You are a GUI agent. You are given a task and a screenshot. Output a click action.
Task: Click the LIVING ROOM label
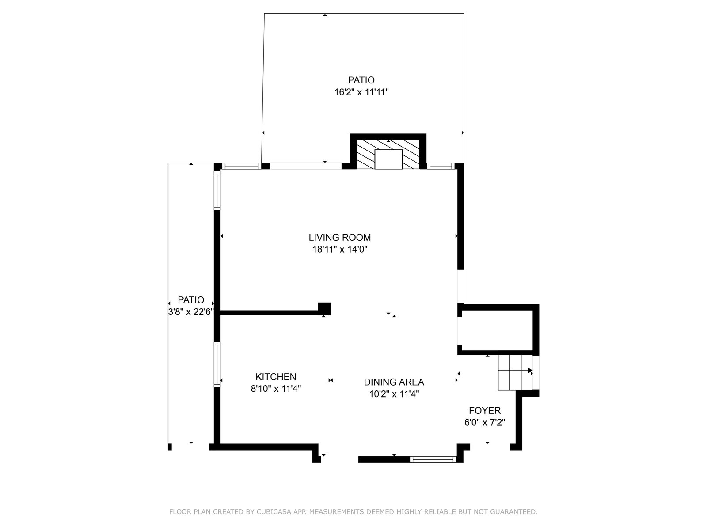(x=339, y=238)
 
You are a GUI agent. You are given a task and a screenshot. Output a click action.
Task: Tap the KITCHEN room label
(x=276, y=376)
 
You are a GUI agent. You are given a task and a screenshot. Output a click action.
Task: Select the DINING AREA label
(x=394, y=382)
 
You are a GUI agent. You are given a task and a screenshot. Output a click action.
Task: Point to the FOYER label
(x=485, y=410)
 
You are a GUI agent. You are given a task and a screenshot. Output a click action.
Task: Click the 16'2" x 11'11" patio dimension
(x=361, y=92)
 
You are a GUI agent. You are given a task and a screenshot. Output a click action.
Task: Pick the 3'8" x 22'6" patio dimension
(x=191, y=312)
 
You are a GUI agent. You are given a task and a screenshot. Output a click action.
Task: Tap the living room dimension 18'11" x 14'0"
(x=340, y=250)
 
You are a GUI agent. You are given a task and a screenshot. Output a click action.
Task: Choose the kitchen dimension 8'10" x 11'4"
(x=276, y=389)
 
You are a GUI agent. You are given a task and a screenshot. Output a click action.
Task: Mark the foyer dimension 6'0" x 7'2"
(x=485, y=422)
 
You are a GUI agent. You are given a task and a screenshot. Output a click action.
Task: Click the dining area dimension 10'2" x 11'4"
(x=394, y=394)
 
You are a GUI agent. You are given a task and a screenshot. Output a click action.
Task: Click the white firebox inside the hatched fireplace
(x=388, y=159)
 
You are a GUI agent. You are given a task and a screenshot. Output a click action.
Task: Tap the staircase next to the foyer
(x=515, y=373)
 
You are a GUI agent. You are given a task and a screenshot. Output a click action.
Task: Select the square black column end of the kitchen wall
(x=324, y=309)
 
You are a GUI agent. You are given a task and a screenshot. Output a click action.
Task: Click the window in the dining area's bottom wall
(x=433, y=459)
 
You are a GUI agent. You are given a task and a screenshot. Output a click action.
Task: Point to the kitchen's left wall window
(x=217, y=365)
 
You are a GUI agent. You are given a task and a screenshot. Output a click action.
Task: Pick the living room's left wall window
(x=217, y=190)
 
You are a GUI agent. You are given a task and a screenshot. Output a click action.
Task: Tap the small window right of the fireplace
(x=441, y=166)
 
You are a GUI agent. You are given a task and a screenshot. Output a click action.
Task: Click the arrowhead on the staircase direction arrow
(x=531, y=371)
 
